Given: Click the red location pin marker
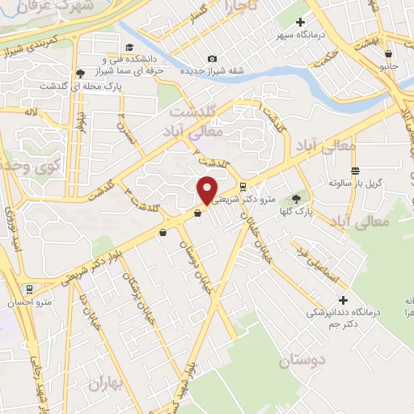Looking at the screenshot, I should pos(207,189).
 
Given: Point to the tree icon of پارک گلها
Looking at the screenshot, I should pos(296,199).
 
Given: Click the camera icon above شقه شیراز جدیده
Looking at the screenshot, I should pos(212,58).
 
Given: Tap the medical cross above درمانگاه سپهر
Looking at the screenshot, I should pos(301,23).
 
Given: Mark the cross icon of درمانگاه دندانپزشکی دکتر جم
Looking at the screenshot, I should pos(344,299).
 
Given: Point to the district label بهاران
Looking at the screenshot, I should pos(110,381).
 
